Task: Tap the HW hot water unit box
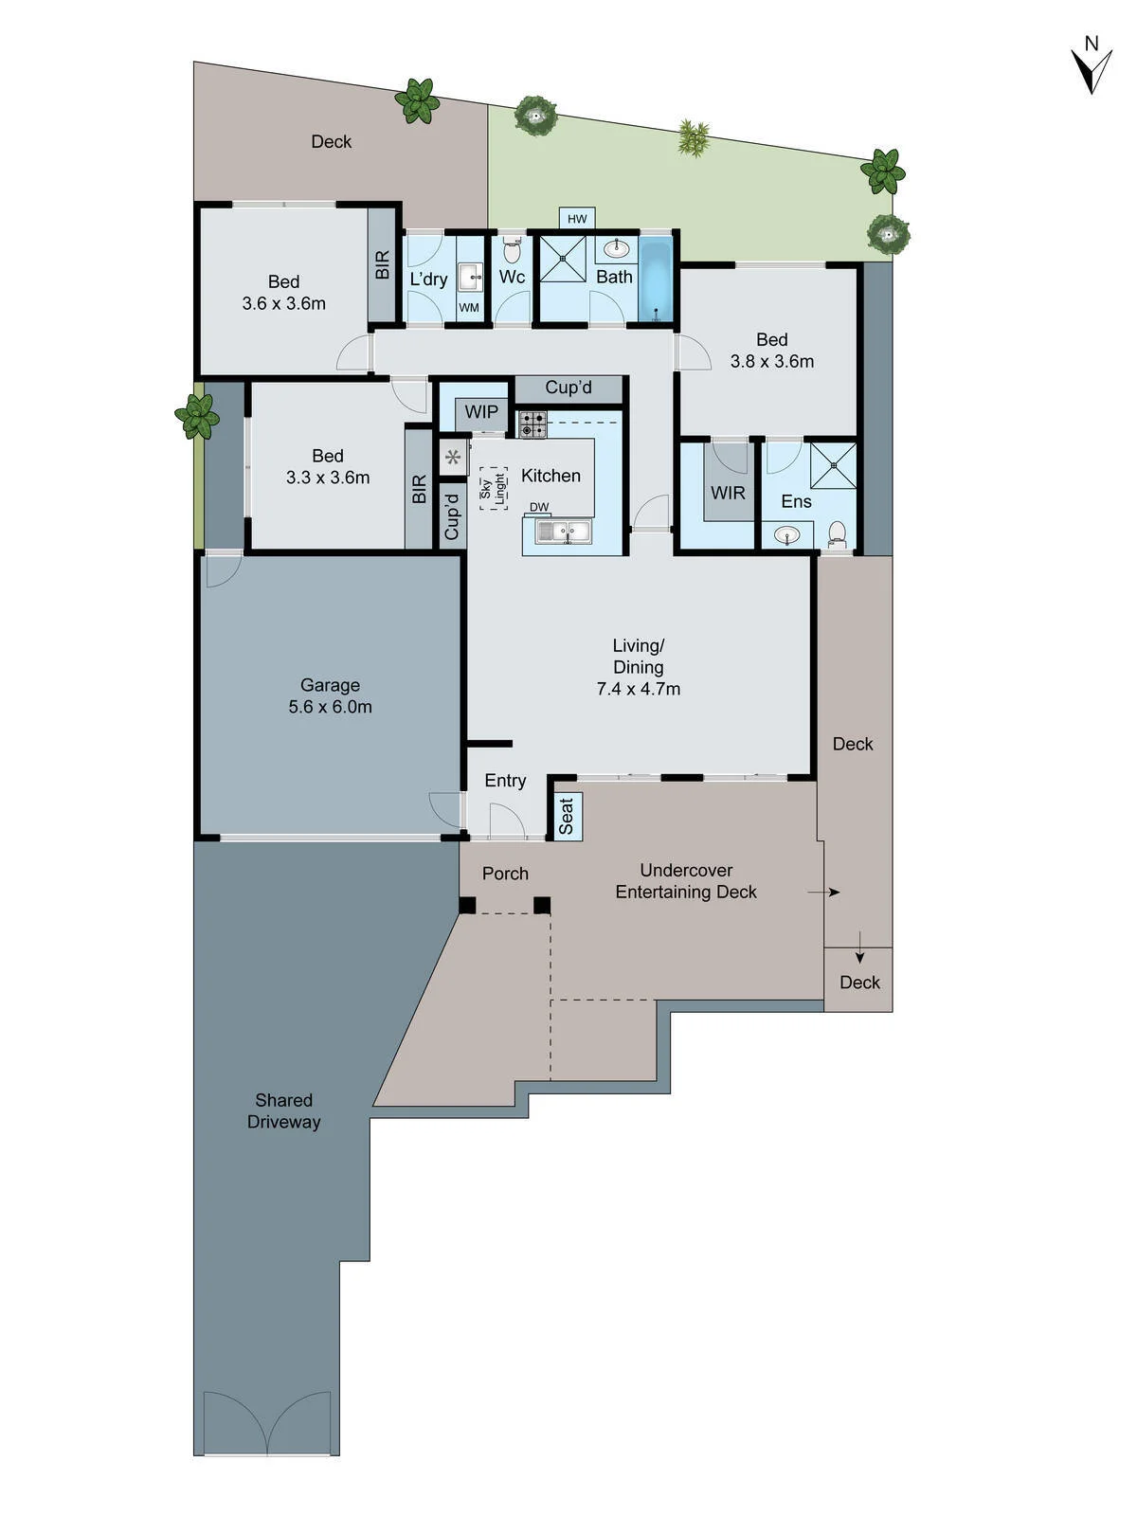point(577,219)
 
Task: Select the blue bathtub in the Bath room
point(655,279)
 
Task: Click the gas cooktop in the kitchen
point(532,424)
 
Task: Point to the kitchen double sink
point(565,532)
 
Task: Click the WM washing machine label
point(469,308)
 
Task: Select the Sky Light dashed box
point(495,488)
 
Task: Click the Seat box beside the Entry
point(566,816)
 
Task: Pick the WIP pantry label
point(481,411)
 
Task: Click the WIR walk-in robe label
point(729,493)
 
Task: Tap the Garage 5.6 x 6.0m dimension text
point(330,707)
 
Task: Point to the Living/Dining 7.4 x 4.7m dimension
point(639,689)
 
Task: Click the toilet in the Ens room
point(838,533)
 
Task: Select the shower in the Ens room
point(833,465)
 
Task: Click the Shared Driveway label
point(283,1110)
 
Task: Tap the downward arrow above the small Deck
point(860,947)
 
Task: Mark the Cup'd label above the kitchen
point(568,388)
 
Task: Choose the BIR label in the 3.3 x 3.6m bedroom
point(419,489)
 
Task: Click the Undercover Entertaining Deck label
point(686,881)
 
